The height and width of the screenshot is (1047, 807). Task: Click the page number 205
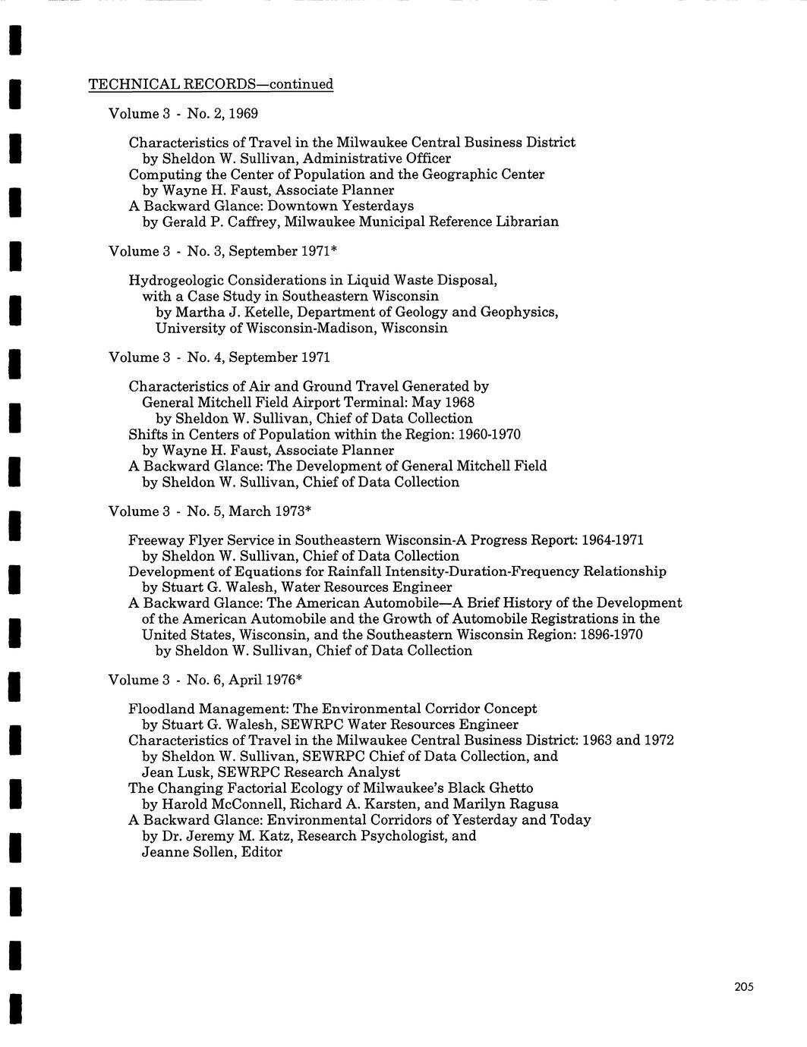pyautogui.click(x=743, y=987)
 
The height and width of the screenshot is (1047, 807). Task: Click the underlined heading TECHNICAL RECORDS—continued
pyautogui.click(x=211, y=84)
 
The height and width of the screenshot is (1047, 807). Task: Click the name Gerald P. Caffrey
pyautogui.click(x=213, y=222)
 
